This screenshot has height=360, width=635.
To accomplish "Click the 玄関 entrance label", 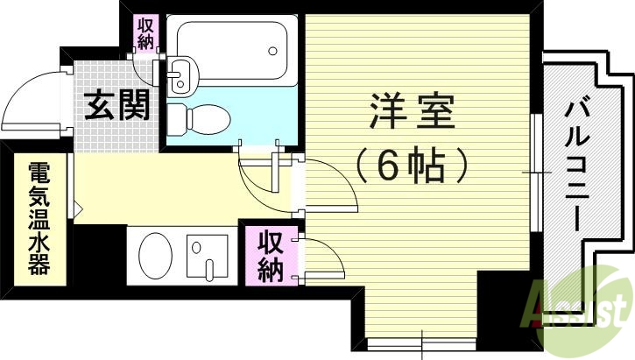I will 117,106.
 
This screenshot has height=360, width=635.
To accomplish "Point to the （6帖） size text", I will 409,164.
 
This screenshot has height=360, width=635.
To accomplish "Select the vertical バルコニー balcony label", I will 576,166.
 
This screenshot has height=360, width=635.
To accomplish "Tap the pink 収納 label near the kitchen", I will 270,256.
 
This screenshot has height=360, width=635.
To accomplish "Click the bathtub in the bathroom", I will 231,50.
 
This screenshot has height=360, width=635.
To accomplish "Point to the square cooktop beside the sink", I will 208,256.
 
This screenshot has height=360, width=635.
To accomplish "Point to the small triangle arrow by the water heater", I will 78,210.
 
